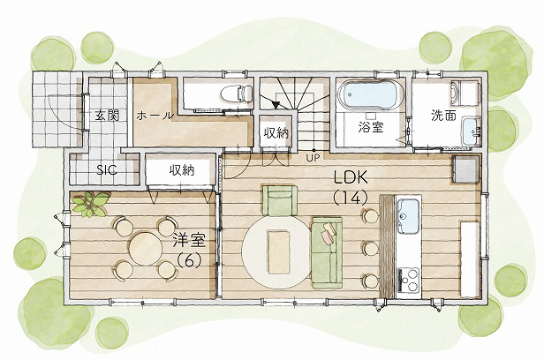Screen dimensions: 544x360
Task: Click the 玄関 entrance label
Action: [x=107, y=116]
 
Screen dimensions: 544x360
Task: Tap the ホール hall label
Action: [x=155, y=116]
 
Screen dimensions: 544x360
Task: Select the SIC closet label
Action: [x=107, y=169]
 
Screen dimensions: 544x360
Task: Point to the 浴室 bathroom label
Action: [x=371, y=127]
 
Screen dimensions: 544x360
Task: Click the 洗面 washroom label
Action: [x=443, y=116]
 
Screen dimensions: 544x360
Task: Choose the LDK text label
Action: [x=351, y=177]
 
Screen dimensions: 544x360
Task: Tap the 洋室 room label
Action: [x=189, y=241]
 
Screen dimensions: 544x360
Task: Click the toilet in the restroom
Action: [x=237, y=94]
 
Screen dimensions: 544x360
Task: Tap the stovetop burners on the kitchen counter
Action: [x=409, y=281]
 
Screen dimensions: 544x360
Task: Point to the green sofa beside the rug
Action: [x=327, y=252]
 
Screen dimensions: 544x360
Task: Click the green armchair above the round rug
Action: [x=280, y=200]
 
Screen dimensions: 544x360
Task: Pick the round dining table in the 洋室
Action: [x=146, y=248]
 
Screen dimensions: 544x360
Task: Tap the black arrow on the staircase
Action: [x=276, y=105]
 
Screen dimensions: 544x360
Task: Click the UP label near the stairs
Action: [x=310, y=158]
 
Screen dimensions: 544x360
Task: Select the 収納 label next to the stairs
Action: [x=276, y=133]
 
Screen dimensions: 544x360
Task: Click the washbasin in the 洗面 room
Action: [x=472, y=131]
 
